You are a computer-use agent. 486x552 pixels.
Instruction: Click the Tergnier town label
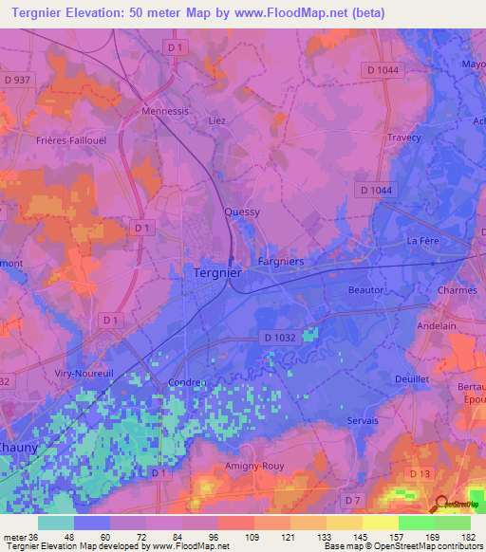[212, 272]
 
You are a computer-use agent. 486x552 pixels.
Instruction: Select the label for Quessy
[241, 212]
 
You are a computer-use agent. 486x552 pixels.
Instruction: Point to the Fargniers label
[281, 259]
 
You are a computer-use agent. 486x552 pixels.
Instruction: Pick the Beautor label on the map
[365, 289]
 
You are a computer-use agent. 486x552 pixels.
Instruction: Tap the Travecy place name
[404, 138]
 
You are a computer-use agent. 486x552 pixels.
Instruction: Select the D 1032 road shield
[279, 338]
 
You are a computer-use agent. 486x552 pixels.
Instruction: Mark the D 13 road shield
[419, 472]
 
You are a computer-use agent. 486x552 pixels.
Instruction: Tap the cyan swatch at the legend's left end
[56, 523]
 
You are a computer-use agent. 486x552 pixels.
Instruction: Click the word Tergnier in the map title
[43, 14]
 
